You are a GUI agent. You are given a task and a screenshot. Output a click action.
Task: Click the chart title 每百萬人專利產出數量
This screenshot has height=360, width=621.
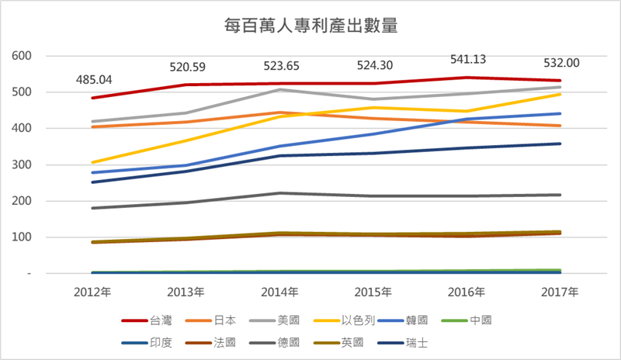pyautogui.click(x=310, y=26)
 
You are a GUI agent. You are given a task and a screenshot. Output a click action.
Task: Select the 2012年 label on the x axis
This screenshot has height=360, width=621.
pyautogui.click(x=92, y=292)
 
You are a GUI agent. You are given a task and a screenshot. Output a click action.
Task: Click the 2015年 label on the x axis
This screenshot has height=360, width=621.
pyautogui.click(x=373, y=292)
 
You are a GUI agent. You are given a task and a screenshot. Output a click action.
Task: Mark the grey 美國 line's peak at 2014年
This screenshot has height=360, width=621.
pyautogui.click(x=280, y=90)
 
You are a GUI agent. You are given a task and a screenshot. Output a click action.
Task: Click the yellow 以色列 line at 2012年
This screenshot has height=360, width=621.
pyautogui.click(x=92, y=163)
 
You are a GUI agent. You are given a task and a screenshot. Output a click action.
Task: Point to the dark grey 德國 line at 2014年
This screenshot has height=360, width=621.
pyautogui.click(x=280, y=193)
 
